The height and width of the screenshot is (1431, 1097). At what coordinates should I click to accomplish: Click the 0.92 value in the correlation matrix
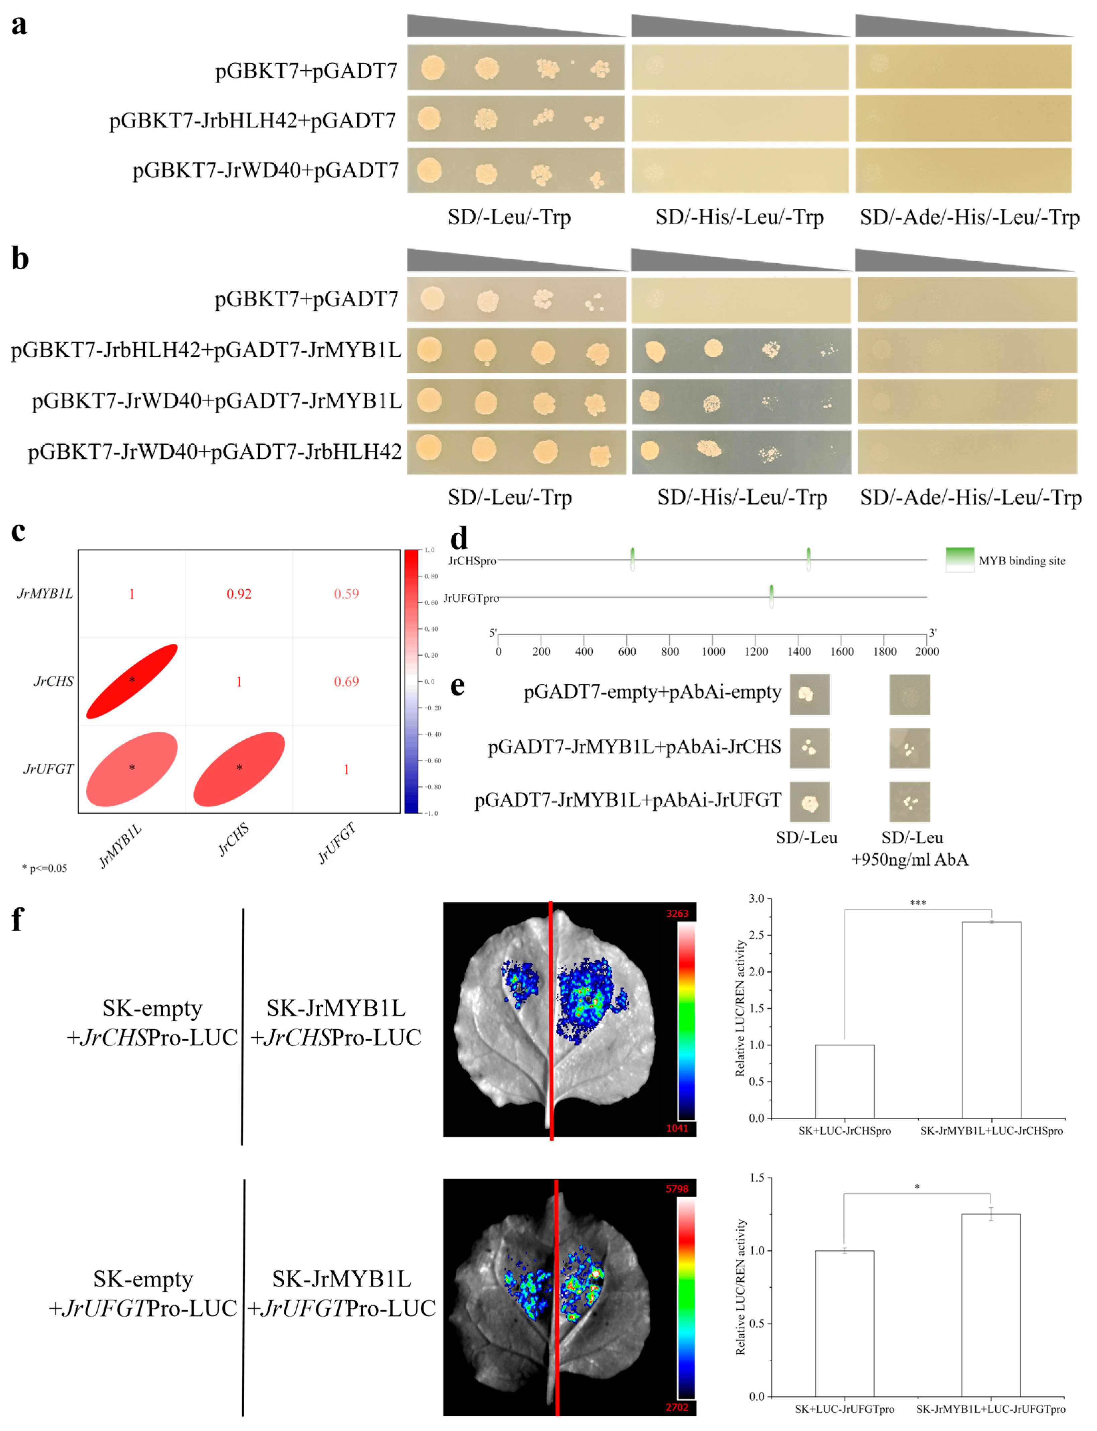[239, 594]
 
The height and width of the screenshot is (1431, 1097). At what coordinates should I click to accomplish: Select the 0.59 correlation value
[346, 594]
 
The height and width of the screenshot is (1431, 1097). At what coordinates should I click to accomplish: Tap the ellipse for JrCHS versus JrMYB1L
[132, 681]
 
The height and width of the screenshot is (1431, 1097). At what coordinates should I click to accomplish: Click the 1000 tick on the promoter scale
[713, 651]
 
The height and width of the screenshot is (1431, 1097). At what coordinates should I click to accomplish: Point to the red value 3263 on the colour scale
[677, 913]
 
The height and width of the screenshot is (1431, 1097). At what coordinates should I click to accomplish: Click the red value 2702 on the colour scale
[677, 1407]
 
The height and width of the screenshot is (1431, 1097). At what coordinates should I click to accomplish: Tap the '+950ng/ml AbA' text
[910, 860]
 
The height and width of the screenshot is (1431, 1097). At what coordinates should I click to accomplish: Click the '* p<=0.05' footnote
[44, 868]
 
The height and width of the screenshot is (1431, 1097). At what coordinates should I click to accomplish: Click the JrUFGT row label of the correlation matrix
[48, 769]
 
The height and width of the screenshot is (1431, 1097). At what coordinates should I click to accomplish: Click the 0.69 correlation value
[346, 681]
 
